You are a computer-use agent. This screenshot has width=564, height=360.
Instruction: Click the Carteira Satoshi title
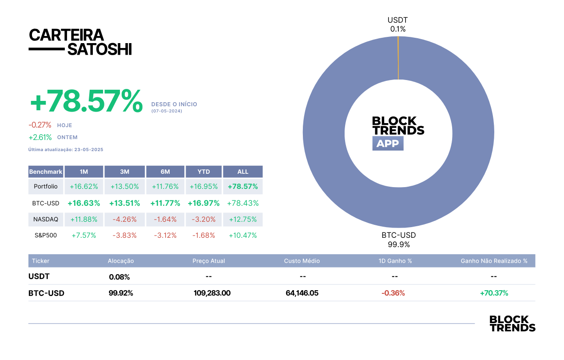[x=80, y=42]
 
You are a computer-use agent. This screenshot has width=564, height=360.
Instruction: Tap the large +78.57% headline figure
[x=86, y=101]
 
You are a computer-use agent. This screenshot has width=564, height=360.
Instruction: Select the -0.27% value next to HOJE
[x=40, y=125]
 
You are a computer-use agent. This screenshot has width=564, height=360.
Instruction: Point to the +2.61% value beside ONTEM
[x=40, y=137]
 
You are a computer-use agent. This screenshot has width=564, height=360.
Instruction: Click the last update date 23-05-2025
[x=89, y=150]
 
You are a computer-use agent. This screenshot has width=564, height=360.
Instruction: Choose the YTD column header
[x=204, y=172]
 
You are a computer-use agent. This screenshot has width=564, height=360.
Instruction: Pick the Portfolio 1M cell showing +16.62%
[x=84, y=186]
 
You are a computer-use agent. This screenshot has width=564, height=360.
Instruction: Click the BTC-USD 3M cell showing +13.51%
[x=125, y=203]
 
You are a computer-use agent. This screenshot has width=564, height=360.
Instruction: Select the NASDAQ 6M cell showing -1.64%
[x=165, y=219]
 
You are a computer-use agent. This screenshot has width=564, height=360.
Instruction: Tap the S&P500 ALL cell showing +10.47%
[x=243, y=235]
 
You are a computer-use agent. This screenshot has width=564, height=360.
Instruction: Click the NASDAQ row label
[x=46, y=219]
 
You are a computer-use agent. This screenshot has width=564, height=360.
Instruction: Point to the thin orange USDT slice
[x=398, y=58]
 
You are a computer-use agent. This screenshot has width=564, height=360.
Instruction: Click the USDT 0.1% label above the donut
[x=398, y=24]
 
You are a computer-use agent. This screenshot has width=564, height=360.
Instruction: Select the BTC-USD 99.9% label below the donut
[x=399, y=240]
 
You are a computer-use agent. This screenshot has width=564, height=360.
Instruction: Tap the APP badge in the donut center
[x=388, y=144]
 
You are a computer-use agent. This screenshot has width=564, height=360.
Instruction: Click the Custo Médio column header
[x=302, y=261]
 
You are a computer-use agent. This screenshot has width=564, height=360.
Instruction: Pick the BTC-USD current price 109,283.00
[x=212, y=293]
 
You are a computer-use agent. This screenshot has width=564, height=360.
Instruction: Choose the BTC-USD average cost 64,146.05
[x=302, y=293]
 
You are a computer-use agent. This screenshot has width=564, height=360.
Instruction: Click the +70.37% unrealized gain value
[x=494, y=293]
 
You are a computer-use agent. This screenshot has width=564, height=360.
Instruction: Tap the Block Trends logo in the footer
[x=512, y=324]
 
